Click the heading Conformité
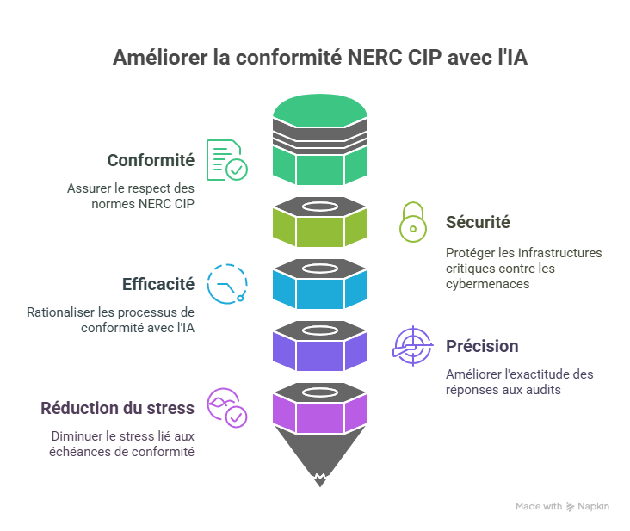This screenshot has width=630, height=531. (151, 160)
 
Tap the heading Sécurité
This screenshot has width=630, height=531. (478, 222)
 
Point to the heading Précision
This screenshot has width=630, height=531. (482, 346)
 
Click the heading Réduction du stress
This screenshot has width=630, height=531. (118, 407)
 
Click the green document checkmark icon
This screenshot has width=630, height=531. (225, 159)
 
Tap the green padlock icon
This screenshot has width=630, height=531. (412, 222)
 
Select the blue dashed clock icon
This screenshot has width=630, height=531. (227, 284)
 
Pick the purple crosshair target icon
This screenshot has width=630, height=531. (412, 346)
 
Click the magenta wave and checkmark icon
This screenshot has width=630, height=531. (227, 408)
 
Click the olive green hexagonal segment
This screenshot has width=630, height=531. (319, 228)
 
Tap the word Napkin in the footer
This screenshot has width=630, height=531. (594, 507)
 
